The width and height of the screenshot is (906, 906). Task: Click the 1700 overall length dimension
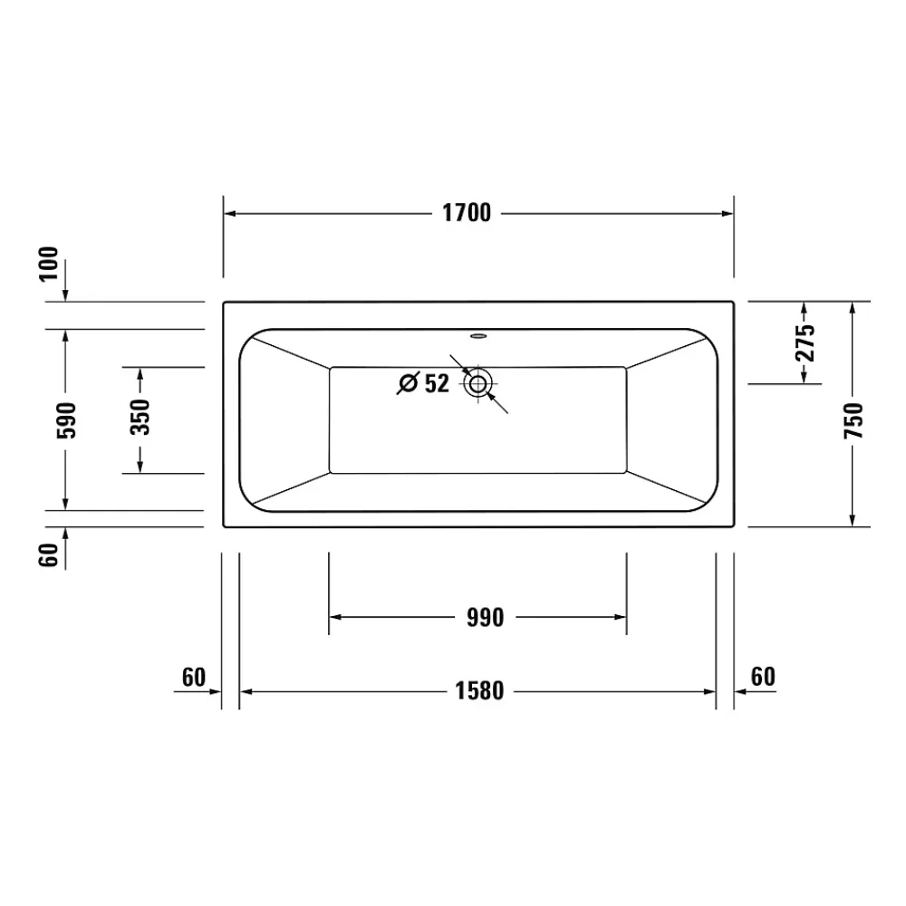point(467,213)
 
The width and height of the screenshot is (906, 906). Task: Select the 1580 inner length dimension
point(479,691)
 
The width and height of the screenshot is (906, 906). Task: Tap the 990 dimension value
point(486,618)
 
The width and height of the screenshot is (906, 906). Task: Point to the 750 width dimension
point(853,420)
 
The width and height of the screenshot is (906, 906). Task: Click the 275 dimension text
point(805,343)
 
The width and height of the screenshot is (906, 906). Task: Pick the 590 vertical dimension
point(66,420)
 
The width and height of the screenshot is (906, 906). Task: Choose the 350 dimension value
point(140,417)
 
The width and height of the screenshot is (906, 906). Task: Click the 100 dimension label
point(49,264)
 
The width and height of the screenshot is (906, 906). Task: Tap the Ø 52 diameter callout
point(423,383)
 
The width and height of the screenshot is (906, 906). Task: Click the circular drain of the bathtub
point(478,383)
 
